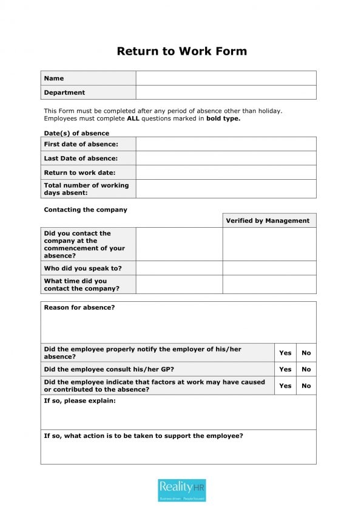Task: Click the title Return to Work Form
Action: coord(181,51)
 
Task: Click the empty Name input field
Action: coord(226,78)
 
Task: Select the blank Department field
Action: coord(226,92)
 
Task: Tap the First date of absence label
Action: coord(81,144)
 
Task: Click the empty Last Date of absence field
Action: coord(226,158)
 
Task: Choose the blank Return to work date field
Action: coord(226,172)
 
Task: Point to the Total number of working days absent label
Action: coord(86,189)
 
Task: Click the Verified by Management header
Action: coord(268,220)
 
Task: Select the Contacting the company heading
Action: coord(86,210)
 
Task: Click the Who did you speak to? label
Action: coord(83,268)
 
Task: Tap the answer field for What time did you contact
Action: coord(179,284)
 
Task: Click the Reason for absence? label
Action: coord(79,307)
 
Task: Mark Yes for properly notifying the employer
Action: coord(285,353)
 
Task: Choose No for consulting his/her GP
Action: coord(306,369)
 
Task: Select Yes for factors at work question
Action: coord(285,386)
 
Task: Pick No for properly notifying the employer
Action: coord(306,353)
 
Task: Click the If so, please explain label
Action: coord(79,401)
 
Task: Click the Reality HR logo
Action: coord(182,490)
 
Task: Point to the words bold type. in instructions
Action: coord(223,118)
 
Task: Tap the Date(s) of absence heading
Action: coord(76,133)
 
